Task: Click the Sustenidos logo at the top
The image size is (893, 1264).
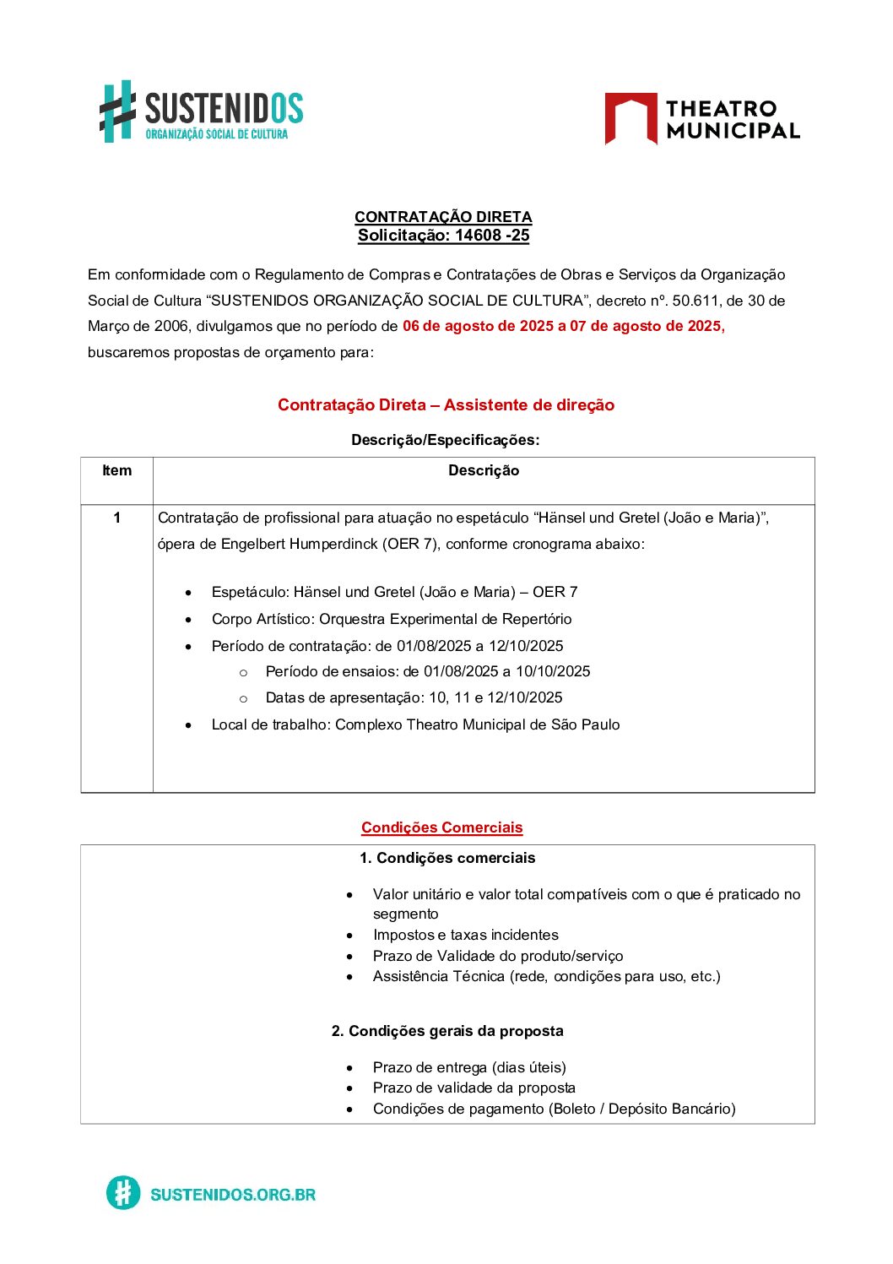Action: pos(201,112)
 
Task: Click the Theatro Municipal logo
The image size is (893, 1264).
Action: pos(701,119)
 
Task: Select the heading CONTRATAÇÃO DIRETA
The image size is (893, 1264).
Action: pos(443,217)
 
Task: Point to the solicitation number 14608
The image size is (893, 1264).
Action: pos(478,236)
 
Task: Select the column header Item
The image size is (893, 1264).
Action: pos(116,471)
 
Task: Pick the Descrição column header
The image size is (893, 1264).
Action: pos(484,471)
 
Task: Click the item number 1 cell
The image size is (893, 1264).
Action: pos(116,518)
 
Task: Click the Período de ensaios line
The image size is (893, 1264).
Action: pos(427,672)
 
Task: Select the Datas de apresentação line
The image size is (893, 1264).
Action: pos(414,698)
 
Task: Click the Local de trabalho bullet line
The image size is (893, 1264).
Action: pos(415,725)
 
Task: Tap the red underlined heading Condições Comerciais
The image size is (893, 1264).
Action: pos(442,828)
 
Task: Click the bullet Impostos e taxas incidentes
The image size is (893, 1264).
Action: pos(465,936)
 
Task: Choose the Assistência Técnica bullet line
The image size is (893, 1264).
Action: pos(546,977)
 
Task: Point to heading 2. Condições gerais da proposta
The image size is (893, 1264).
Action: pos(447,1032)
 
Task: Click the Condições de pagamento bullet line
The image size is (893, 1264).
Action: pos(554,1109)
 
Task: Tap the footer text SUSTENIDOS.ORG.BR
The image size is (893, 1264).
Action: pos(232,1195)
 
